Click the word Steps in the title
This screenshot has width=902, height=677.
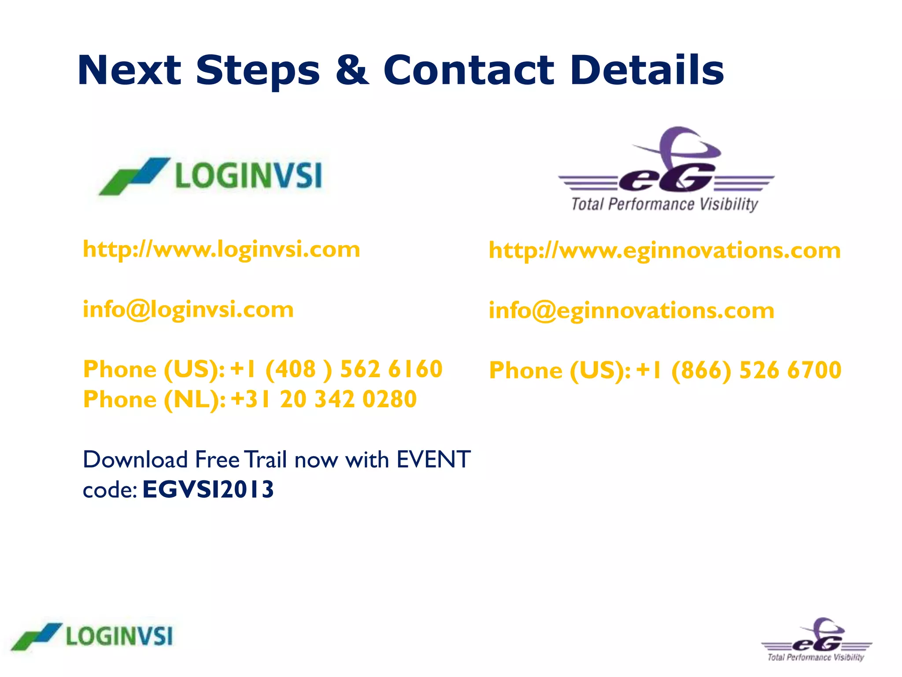258,71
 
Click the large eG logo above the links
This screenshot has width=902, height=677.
665,170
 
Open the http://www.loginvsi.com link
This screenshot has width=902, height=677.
222,250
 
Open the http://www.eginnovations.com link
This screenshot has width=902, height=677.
665,251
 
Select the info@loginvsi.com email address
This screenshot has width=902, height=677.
188,310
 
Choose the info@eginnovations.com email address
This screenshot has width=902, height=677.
631,311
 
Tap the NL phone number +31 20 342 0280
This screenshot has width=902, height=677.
324,399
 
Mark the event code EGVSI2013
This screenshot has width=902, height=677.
208,490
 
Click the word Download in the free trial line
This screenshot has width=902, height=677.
136,460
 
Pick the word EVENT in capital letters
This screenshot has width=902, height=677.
433,460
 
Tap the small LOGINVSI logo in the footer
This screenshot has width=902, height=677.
92,636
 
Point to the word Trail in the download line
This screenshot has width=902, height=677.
266,460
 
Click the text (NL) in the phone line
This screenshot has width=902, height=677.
194,400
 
